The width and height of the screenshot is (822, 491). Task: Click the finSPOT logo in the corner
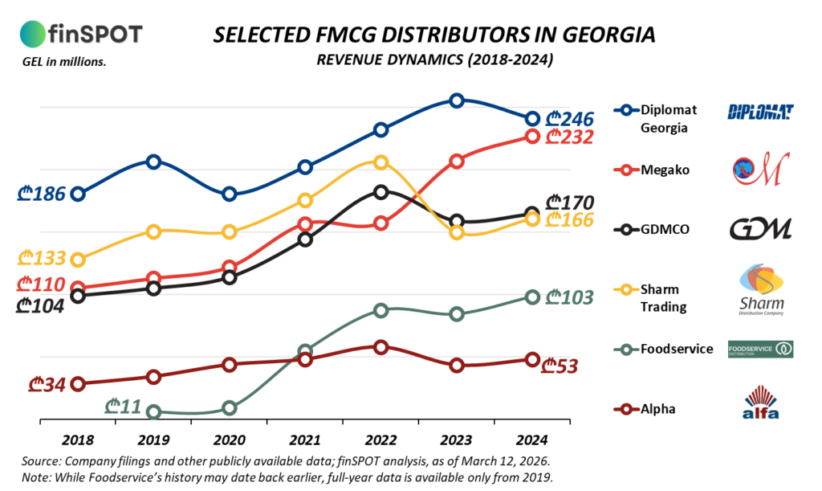coord(80,34)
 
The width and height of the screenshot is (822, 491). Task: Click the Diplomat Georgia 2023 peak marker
coord(457,100)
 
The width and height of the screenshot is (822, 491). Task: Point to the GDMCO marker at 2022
coord(380,191)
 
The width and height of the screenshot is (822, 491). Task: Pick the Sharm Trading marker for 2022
coord(380,162)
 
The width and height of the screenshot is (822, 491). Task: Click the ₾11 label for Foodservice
coord(124,406)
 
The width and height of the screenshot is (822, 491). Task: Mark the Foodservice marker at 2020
coord(230,408)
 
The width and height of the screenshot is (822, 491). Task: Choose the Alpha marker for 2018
coord(78,384)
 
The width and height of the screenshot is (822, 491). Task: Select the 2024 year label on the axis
coord(532,440)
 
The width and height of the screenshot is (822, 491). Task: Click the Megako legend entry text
coord(665,170)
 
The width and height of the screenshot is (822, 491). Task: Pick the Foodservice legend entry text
coord(677,349)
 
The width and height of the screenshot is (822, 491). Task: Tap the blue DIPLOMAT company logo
coord(760,111)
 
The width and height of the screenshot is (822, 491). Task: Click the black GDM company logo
coord(760,229)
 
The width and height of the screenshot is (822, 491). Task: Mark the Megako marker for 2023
coord(457,162)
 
